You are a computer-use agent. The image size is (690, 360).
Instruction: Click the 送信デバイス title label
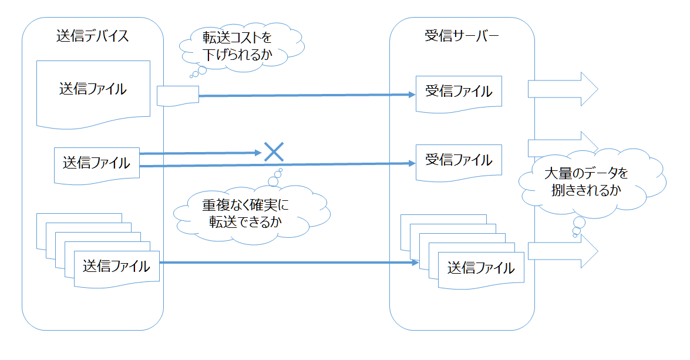92,35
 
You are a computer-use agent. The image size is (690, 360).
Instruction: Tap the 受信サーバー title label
462,35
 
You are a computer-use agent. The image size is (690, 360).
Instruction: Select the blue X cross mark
274,152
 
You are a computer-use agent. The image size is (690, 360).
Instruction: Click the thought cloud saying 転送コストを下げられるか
237,48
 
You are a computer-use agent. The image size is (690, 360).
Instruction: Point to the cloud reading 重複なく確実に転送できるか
246,213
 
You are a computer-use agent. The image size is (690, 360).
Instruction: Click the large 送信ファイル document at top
92,91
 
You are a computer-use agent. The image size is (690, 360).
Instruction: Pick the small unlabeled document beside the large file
178,95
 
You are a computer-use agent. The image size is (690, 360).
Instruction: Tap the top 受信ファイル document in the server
459,93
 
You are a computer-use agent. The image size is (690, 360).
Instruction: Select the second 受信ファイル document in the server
459,160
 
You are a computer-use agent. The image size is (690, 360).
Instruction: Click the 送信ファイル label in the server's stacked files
481,268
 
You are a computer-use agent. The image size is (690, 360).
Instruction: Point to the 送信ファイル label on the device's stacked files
116,265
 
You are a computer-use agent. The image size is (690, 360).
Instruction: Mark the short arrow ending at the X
200,153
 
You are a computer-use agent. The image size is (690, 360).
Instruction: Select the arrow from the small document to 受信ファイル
305,95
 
